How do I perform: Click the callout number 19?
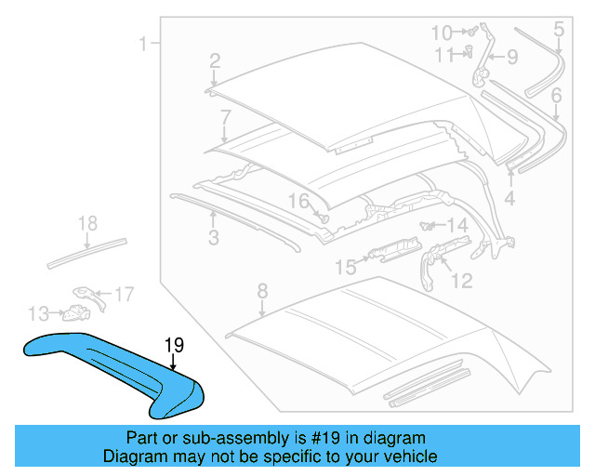174,346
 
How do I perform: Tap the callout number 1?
144,44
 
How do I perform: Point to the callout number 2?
215,61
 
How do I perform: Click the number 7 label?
225,117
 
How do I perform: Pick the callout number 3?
213,239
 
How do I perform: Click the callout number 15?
345,268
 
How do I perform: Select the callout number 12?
461,279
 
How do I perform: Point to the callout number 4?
509,197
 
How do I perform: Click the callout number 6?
556,95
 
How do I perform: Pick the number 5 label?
559,30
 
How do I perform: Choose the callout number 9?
511,58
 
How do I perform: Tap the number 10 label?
442,33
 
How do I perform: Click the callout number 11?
444,54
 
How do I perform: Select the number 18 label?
87,223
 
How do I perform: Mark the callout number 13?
38,312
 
